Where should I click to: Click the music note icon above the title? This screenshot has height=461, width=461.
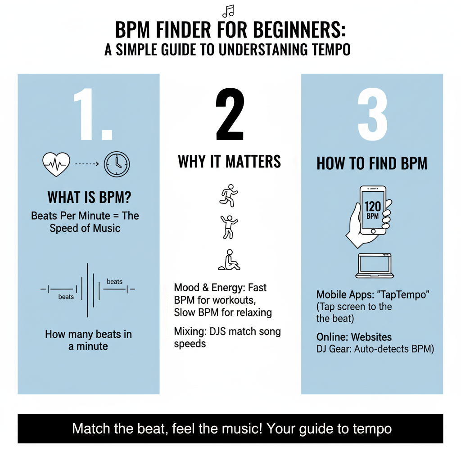[228, 11]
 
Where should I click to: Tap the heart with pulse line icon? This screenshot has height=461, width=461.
[56, 164]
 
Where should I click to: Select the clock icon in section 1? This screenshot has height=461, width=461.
[117, 164]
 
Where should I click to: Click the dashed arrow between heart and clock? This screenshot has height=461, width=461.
[87, 164]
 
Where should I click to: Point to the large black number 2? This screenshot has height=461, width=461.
[230, 114]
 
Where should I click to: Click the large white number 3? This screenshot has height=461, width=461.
[372, 114]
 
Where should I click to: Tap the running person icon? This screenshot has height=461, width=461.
[229, 195]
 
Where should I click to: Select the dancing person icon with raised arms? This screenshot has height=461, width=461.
[229, 227]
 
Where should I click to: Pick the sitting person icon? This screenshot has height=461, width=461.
[229, 260]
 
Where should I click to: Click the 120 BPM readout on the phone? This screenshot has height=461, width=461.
[373, 210]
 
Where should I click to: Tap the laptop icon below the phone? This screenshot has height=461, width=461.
[375, 266]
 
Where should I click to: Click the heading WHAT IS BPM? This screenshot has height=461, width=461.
[89, 197]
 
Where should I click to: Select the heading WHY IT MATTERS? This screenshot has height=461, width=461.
[229, 162]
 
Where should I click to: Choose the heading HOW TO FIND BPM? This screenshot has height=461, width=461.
[372, 163]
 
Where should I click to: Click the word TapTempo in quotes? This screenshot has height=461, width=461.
[403, 294]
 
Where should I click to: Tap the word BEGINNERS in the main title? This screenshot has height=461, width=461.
[299, 30]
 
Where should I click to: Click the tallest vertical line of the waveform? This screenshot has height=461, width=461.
[88, 290]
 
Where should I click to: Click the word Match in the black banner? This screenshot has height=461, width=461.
[91, 429]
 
